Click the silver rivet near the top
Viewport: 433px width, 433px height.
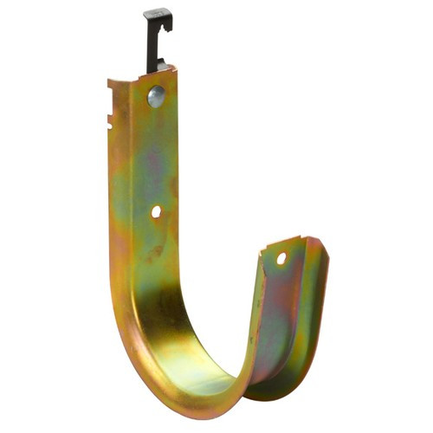click(x=156, y=95)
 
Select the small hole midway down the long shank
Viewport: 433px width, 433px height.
click(x=156, y=211)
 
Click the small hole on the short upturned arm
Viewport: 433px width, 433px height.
click(x=281, y=258)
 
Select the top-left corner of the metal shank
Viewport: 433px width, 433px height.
click(x=109, y=83)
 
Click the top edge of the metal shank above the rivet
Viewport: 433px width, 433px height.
click(x=143, y=76)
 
